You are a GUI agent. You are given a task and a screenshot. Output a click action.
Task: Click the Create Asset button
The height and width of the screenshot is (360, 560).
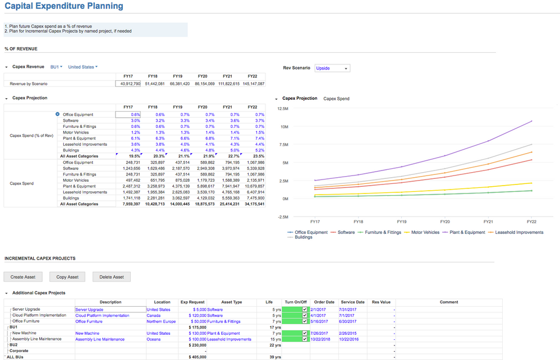coord(23,277)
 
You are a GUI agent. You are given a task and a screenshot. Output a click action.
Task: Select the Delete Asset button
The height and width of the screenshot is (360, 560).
coord(112,277)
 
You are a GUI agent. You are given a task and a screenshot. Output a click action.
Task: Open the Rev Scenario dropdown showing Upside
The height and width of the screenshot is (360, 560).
coord(332,68)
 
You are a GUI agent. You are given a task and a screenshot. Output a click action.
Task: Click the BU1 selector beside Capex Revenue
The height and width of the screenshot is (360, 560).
coord(56,67)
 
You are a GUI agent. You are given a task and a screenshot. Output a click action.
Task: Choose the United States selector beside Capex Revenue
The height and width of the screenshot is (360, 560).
coord(82,67)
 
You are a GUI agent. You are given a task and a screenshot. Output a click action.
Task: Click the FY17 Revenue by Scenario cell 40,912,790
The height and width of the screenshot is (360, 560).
coord(128,84)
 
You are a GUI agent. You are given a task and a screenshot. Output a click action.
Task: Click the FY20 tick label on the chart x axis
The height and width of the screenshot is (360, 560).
coord(445,222)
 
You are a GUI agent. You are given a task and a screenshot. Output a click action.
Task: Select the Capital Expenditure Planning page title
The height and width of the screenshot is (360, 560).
coord(64,6)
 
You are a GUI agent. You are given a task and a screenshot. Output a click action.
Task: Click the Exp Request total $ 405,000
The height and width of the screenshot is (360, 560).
coord(196,357)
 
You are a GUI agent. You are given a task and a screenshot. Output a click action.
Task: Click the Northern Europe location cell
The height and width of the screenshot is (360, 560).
coord(161,321)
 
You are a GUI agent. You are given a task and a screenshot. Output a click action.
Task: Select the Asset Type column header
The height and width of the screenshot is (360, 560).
coord(232,302)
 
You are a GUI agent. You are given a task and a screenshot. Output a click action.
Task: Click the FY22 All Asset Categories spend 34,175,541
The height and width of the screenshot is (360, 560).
coord(253,204)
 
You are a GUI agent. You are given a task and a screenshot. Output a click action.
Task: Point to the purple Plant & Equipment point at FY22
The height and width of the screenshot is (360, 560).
coord(531,121)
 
